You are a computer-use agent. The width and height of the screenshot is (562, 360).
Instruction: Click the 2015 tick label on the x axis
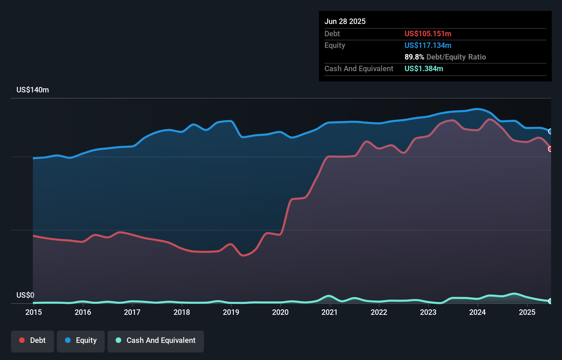[x=34, y=312]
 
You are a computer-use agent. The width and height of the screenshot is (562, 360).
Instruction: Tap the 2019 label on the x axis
[x=231, y=312]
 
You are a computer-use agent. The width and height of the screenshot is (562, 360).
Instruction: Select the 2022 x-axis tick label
[x=379, y=312]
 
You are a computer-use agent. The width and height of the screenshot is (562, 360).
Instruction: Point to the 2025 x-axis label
[x=527, y=312]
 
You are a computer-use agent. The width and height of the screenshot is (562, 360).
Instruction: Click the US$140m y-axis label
[x=33, y=90]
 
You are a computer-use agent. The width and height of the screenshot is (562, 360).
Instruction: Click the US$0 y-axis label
[x=25, y=295]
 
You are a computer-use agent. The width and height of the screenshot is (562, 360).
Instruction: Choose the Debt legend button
[x=33, y=340]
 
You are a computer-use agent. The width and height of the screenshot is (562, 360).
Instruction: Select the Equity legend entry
[x=81, y=340]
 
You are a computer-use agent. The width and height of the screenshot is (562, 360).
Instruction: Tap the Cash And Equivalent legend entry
[x=156, y=340]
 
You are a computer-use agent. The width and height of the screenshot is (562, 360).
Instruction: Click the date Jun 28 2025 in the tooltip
[x=345, y=21]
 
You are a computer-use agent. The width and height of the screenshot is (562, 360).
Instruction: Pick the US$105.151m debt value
[x=428, y=34]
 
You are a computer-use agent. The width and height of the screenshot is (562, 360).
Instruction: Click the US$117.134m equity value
[x=428, y=45]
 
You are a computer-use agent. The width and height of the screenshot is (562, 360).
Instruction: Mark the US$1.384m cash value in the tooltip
[x=424, y=68]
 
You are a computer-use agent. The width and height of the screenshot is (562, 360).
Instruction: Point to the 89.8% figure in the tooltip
[x=414, y=57]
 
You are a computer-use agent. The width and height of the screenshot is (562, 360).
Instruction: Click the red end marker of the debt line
[x=550, y=149]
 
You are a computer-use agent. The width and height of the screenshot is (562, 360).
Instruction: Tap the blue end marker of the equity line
[x=550, y=131]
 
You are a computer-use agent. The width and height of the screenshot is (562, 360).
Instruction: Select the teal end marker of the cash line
[x=550, y=301]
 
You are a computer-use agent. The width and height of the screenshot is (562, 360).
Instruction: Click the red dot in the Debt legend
[x=22, y=340]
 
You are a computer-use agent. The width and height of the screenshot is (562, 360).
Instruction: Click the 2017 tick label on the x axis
[x=132, y=312]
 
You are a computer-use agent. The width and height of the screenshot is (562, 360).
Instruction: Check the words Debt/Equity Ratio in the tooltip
[x=456, y=57]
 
